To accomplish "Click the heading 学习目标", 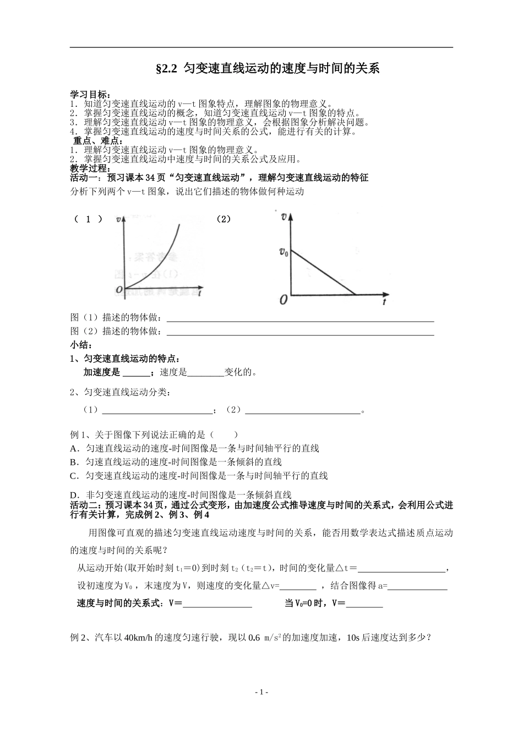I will pos(90,95).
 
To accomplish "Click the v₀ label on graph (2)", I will pos(283,252).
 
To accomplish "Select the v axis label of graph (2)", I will pos(284,216).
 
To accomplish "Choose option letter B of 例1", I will pos(74,462).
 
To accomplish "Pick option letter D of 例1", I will pos(74,494).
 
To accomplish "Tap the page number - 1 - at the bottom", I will pos(261,692).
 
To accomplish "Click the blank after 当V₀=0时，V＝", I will pos(364,603).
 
